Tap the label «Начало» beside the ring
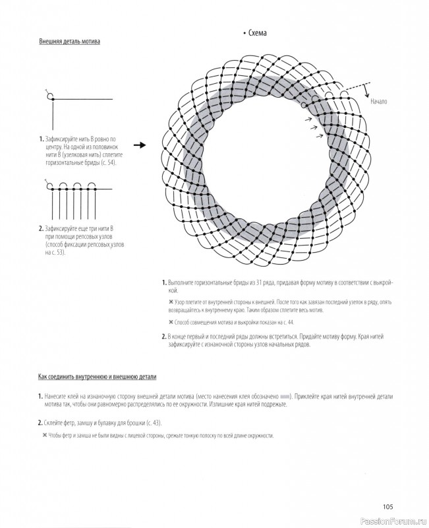[380, 102]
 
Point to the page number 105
[387, 506]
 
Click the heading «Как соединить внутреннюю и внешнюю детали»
[98, 377]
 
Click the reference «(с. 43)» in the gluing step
[151, 422]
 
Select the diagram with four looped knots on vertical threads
[72, 201]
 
